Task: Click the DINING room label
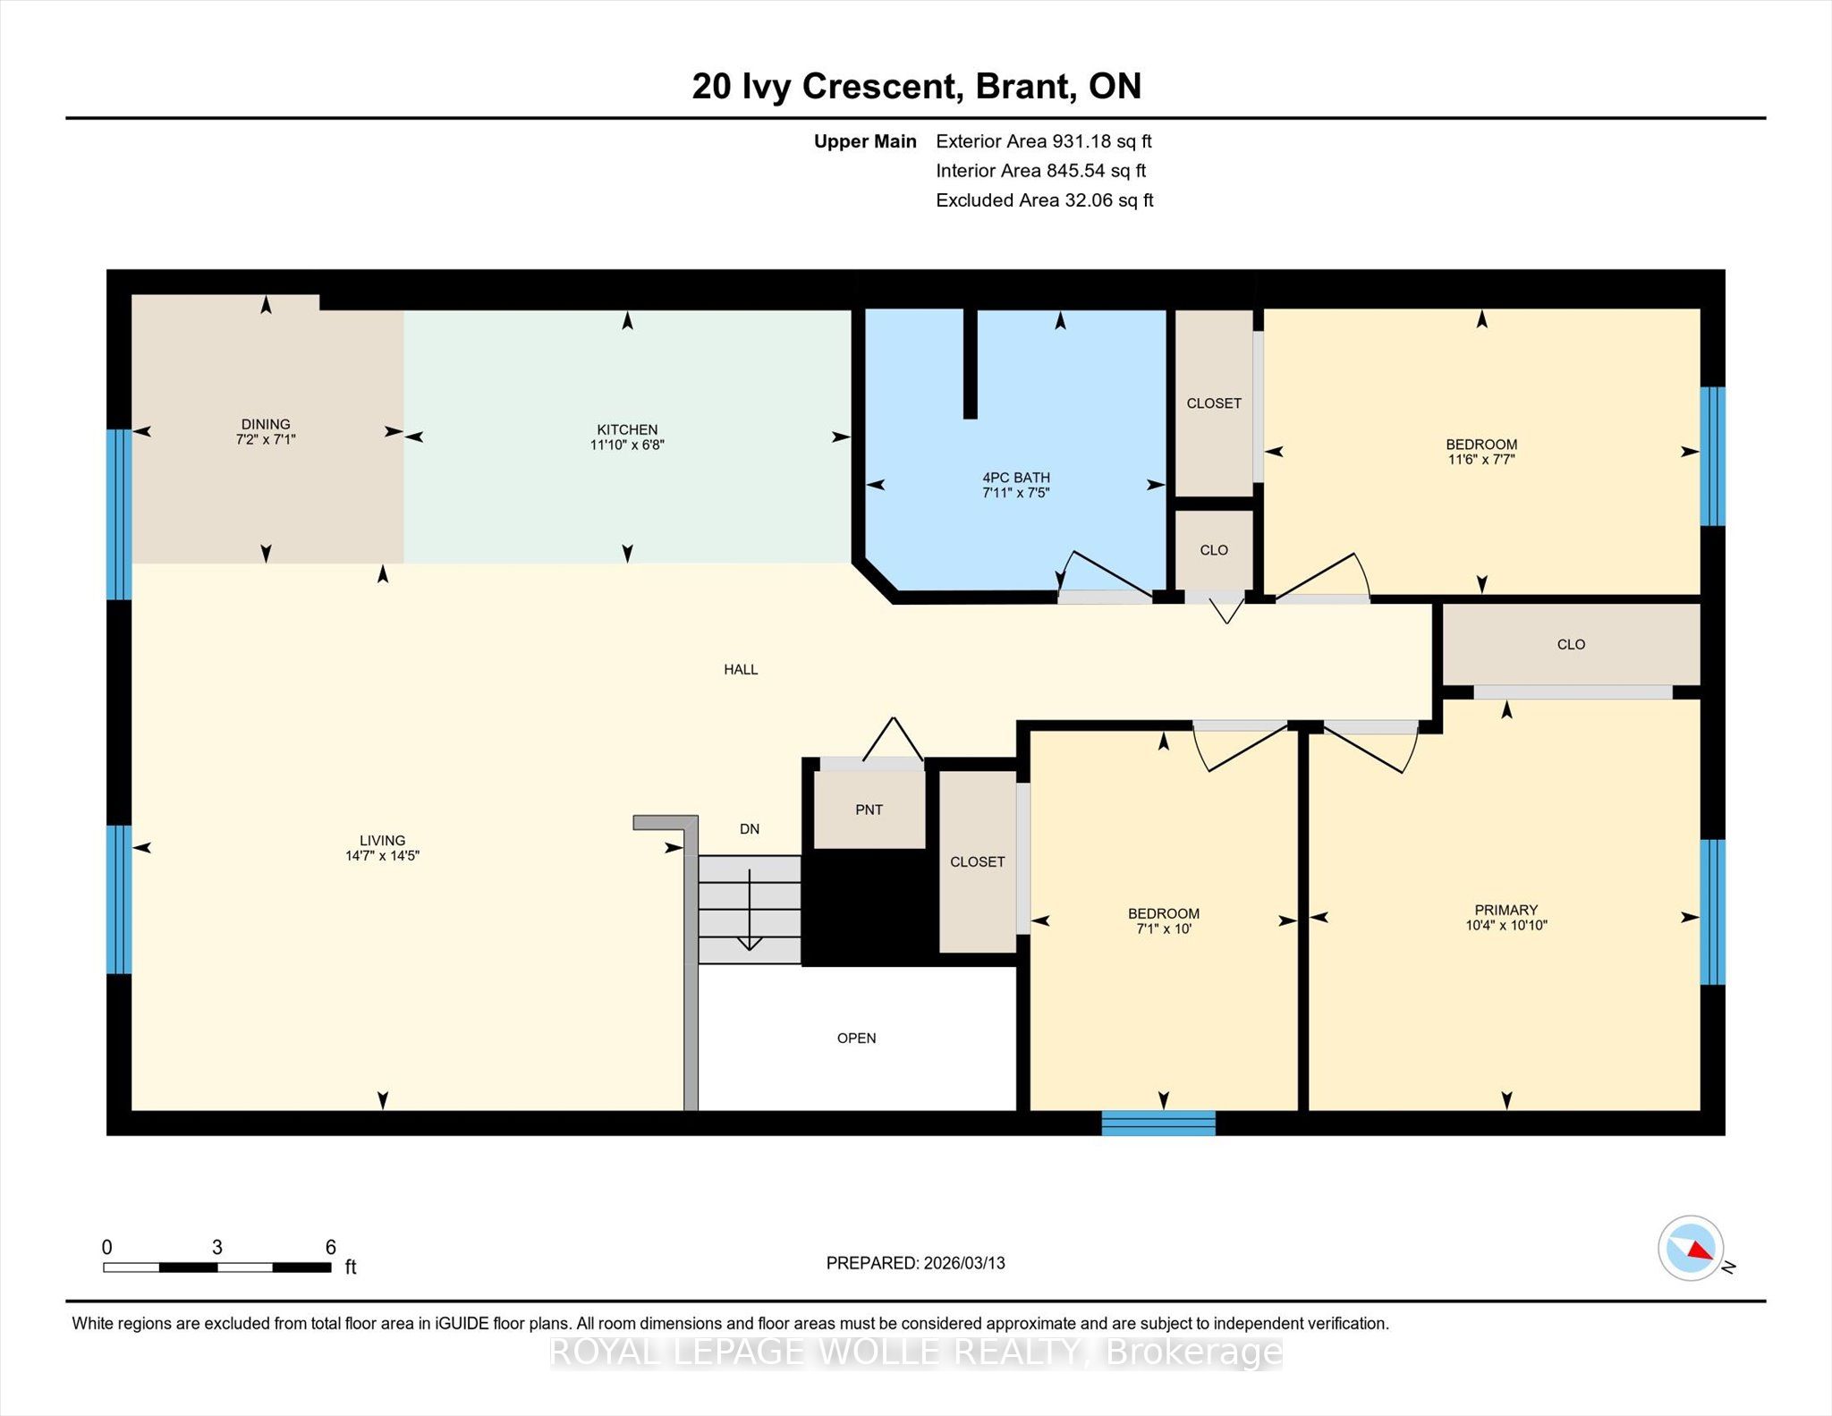tap(266, 424)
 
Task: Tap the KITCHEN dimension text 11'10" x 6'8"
tap(627, 445)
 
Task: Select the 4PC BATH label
tap(1016, 478)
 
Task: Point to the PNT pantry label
tap(869, 810)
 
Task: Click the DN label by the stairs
tap(750, 829)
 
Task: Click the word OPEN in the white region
tap(856, 1039)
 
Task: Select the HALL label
tap(741, 669)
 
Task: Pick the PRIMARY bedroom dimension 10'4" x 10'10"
tap(1506, 926)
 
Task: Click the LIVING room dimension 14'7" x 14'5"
tap(382, 856)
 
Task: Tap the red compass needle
tap(1701, 1251)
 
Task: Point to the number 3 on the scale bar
tap(216, 1247)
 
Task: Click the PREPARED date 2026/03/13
tap(964, 1263)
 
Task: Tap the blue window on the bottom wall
tap(1158, 1123)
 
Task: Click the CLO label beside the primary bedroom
tap(1571, 644)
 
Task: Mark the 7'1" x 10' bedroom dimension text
tap(1164, 929)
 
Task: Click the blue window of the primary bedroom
tap(1712, 911)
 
